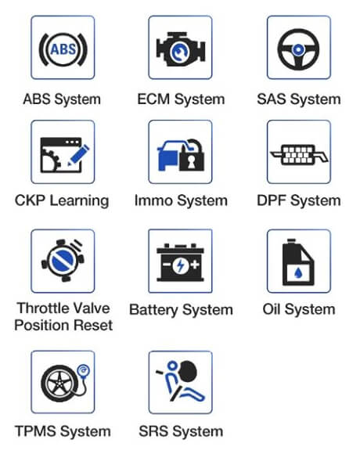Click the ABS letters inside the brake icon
[x=63, y=49]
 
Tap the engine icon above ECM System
[x=181, y=49]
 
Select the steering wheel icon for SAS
[x=298, y=49]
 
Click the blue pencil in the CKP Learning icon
[x=78, y=155]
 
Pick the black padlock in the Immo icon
[x=192, y=156]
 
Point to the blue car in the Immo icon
[x=171, y=156]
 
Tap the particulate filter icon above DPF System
[x=299, y=154]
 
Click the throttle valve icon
[x=63, y=261]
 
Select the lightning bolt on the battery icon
[x=180, y=265]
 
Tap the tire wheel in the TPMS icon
[x=59, y=383]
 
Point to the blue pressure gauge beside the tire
[x=84, y=371]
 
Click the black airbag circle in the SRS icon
[x=189, y=372]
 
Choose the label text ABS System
[x=62, y=99]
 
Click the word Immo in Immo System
[x=153, y=200]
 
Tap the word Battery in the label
[x=153, y=310]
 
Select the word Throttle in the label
[x=49, y=308]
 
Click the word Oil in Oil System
[x=272, y=309]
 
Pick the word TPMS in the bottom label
[x=35, y=431]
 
